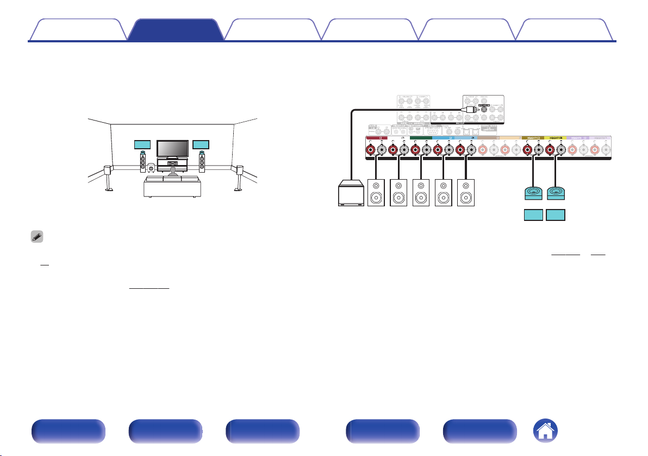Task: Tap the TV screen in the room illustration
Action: [172, 148]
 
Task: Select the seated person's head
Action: [172, 170]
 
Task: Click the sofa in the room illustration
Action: [172, 186]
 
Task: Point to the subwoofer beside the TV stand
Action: [151, 168]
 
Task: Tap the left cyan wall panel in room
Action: [142, 145]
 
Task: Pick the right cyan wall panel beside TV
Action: [201, 145]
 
